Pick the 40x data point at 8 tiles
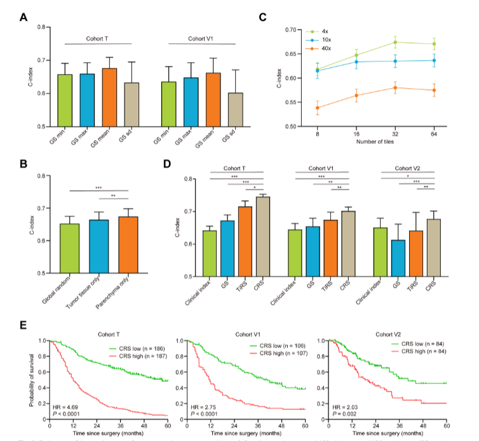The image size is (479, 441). pyautogui.click(x=317, y=108)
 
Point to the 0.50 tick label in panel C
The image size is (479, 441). pyautogui.click(x=290, y=127)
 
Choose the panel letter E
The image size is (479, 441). pyautogui.click(x=24, y=326)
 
